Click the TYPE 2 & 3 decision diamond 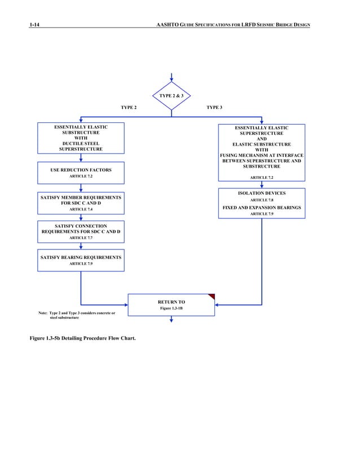(x=171, y=96)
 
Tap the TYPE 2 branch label (x=129, y=107)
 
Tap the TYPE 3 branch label (x=214, y=107)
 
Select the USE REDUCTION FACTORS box (x=81, y=173)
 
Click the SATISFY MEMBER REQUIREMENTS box (x=81, y=203)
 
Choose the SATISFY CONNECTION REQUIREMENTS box (x=81, y=232)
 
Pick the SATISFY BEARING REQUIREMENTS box (x=81, y=260)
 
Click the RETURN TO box (x=171, y=305)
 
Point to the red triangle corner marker (x=212, y=296)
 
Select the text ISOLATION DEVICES (x=261, y=193)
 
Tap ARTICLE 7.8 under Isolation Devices (x=261, y=200)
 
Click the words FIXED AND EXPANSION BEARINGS (x=261, y=208)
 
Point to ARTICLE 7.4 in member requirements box (x=81, y=209)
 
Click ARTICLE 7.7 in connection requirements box (x=81, y=238)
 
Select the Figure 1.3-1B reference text (x=171, y=309)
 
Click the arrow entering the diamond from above (x=171, y=78)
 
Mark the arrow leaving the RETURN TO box (x=171, y=320)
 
